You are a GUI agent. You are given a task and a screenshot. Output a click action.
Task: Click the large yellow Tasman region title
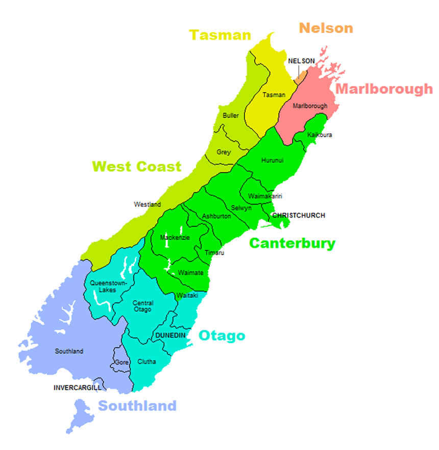coord(220,35)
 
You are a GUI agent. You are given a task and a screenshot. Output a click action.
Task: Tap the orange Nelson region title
coord(326,28)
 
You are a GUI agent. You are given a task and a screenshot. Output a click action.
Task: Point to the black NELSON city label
coord(301,61)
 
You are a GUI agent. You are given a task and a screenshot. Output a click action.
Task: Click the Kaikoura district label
coord(320,135)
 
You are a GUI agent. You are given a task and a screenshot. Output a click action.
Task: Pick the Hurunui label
coord(272,160)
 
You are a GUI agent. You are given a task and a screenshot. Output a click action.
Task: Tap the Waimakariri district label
coord(265,196)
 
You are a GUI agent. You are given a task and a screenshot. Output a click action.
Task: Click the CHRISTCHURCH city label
coord(299,215)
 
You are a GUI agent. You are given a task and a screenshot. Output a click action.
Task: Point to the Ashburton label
coord(216,216)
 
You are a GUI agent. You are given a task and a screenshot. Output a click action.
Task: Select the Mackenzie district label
coord(175,237)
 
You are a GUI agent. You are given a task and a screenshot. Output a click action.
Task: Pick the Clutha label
coord(147,362)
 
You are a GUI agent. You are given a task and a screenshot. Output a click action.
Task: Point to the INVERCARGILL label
coord(77,388)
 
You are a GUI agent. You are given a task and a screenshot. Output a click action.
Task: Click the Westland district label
coord(147,205)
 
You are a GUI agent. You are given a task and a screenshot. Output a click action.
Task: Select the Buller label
coord(231,116)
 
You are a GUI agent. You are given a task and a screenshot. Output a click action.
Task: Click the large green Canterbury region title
coord(292,243)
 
